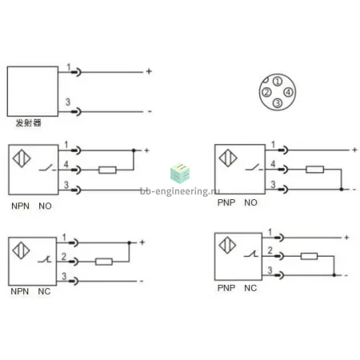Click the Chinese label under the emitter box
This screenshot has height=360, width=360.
click(29, 123)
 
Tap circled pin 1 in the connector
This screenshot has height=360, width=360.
click(278, 82)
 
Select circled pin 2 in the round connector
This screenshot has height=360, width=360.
click(266, 92)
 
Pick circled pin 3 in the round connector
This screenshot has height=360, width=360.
click(278, 102)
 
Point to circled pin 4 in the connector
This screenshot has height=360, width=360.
click(288, 92)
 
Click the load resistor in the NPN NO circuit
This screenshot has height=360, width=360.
click(107, 170)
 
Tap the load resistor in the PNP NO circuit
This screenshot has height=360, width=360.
click(314, 170)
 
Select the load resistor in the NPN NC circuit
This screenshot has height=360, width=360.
click(104, 262)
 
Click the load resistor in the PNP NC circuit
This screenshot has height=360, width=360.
click(309, 256)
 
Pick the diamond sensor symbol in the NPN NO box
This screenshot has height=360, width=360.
click(22, 158)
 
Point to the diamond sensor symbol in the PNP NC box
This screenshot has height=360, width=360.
click(227, 245)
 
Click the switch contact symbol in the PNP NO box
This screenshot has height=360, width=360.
click(254, 167)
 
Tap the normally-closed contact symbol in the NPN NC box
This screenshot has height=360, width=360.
click(44, 259)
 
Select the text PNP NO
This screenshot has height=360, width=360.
click(238, 202)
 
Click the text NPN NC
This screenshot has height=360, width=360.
click(30, 291)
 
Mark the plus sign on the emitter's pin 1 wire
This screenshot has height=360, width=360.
click(149, 71)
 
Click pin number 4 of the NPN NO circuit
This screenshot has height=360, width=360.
click(66, 164)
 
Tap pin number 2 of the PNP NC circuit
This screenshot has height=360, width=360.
click(270, 250)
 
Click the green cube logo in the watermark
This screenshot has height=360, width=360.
click(180, 174)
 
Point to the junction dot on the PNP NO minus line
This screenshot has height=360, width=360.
click(342, 190)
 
